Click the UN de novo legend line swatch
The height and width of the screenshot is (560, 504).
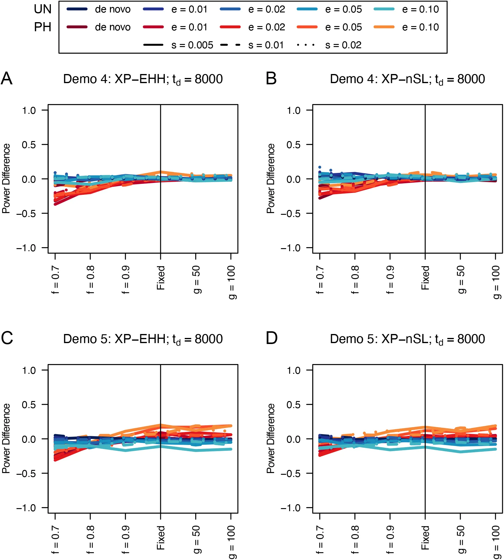[x=77, y=9]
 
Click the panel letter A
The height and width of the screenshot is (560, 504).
[x=7, y=79]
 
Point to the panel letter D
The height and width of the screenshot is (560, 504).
[x=271, y=338]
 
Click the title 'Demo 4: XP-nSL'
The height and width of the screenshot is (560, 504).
[x=407, y=79]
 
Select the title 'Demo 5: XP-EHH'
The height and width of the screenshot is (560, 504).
[x=143, y=339]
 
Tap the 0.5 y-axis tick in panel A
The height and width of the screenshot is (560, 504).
[x=29, y=145]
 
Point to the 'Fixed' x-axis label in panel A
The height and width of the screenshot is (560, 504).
[x=161, y=278]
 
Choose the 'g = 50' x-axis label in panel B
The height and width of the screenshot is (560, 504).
[x=460, y=279]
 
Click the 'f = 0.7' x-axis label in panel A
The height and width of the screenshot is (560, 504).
[x=55, y=280]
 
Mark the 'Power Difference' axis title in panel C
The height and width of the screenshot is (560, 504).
[x=6, y=438]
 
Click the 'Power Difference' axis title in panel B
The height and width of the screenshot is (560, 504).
[x=270, y=178]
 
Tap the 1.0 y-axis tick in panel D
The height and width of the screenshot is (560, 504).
[x=293, y=370]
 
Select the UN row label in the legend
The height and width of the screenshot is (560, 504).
[x=43, y=9]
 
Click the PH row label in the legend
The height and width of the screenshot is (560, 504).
[x=43, y=27]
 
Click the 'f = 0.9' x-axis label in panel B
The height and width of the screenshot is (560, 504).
[x=390, y=280]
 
